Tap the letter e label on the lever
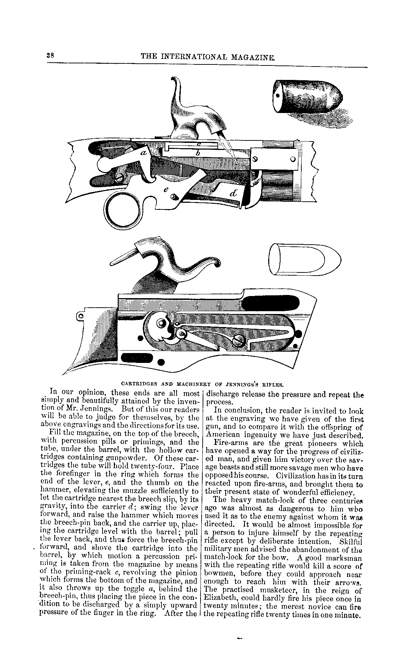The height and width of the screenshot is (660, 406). click(166, 189)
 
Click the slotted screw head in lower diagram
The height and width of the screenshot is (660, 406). click(239, 339)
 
